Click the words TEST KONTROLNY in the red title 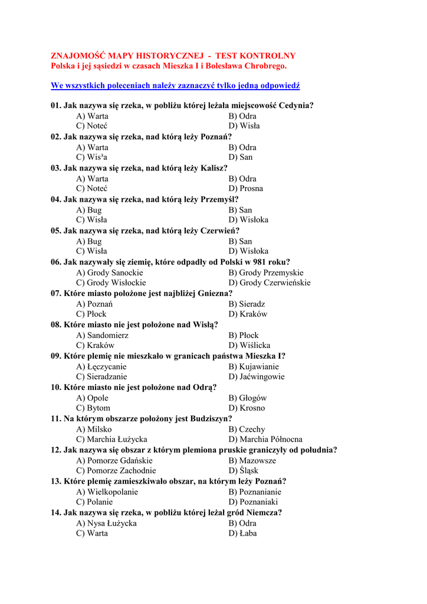[x=260, y=55]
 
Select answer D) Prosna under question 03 [x=246, y=189]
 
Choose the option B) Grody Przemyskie [x=266, y=273]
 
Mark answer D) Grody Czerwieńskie [x=270, y=283]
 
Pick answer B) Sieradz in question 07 [x=247, y=304]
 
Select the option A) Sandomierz [x=102, y=335]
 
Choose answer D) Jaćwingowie [x=257, y=376]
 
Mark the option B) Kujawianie [x=254, y=366]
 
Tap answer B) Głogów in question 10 [x=248, y=398]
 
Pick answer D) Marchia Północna [x=265, y=439]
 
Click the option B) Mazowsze [x=252, y=461]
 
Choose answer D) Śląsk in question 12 [x=244, y=471]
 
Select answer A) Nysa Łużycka [x=106, y=523]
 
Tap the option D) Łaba [x=243, y=533]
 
